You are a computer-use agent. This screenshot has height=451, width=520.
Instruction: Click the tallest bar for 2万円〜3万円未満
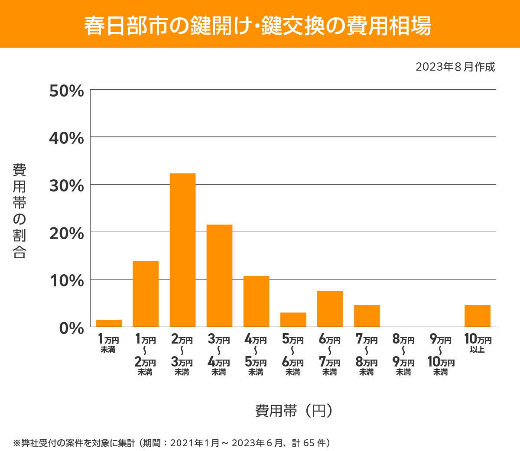click(x=182, y=250)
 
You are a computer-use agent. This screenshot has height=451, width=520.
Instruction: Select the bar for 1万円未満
click(x=109, y=323)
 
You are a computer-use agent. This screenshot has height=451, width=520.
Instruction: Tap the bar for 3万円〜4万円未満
click(x=219, y=276)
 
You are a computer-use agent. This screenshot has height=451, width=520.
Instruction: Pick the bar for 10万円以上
click(x=477, y=316)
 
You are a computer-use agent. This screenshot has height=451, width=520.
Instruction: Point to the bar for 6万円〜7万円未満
click(x=330, y=308)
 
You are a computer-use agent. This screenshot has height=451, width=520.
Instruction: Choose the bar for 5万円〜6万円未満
click(x=293, y=320)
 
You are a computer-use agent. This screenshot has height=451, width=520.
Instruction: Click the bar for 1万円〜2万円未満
click(x=146, y=294)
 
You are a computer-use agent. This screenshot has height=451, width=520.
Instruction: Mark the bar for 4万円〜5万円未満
click(x=256, y=301)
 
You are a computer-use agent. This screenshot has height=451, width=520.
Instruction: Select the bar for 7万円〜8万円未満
click(x=367, y=316)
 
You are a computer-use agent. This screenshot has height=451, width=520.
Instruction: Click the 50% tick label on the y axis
click(x=66, y=91)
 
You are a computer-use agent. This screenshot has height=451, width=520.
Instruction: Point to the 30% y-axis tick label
click(x=66, y=186)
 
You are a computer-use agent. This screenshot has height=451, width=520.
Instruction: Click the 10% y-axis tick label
click(x=66, y=281)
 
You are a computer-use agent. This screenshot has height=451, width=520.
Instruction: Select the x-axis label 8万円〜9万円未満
click(x=403, y=355)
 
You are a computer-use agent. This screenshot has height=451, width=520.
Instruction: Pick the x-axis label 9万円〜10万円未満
click(x=441, y=355)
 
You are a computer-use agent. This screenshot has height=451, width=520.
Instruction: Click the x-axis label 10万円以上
click(x=478, y=343)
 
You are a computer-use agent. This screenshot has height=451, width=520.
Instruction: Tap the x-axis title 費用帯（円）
click(x=294, y=410)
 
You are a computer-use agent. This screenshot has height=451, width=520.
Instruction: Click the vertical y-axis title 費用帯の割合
click(x=19, y=211)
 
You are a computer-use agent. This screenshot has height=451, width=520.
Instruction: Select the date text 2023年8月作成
click(x=455, y=67)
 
